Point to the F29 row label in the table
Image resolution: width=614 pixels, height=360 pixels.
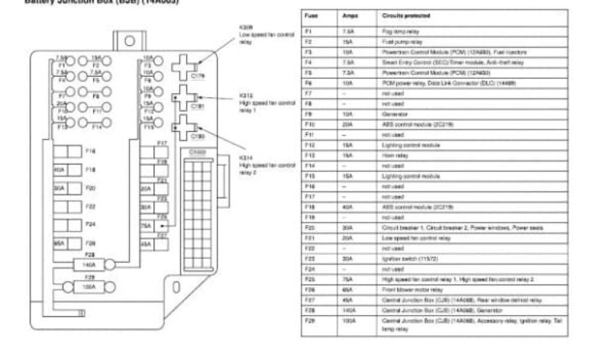[x=309, y=320]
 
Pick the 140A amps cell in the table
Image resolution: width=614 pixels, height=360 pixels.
[x=349, y=310]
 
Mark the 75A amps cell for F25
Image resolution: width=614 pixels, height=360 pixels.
[x=348, y=280]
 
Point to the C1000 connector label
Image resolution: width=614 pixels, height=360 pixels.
[x=197, y=152]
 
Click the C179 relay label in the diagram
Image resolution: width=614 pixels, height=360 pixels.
[x=197, y=76]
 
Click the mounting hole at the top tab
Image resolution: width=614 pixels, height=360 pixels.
[x=130, y=41]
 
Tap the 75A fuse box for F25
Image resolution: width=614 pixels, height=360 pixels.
[x=146, y=226]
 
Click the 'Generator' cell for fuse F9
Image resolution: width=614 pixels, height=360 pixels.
[x=393, y=113]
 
